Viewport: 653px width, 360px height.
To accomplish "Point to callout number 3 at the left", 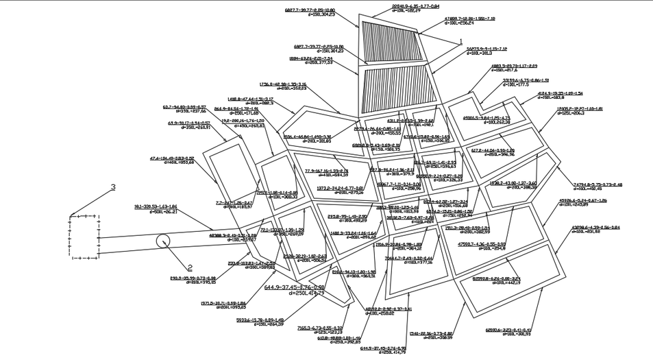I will (x=114, y=187).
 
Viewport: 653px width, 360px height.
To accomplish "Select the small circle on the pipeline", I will (x=163, y=241).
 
